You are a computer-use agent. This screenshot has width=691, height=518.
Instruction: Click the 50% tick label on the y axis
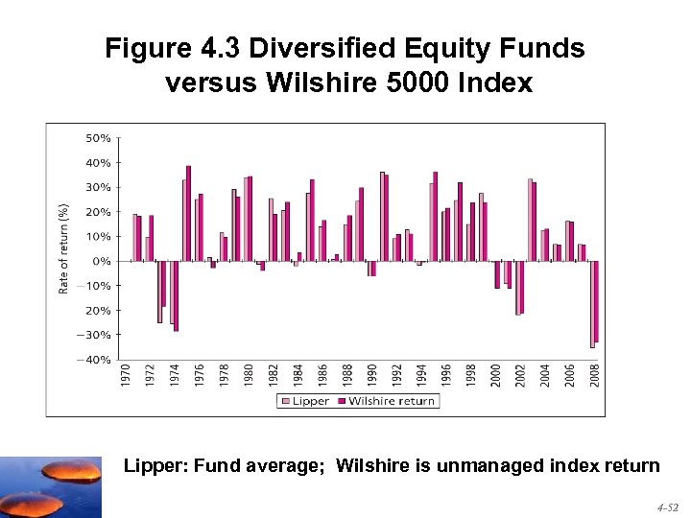98,138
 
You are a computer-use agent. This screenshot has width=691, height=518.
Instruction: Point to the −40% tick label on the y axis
95,360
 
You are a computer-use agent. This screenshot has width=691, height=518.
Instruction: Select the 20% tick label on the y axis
98,212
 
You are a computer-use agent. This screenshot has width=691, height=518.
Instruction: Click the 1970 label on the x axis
126,375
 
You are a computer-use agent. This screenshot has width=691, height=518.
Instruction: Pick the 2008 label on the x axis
595,375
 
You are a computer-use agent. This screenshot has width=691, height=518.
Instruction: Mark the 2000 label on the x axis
496,375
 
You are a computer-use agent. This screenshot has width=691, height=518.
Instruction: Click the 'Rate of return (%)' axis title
64,247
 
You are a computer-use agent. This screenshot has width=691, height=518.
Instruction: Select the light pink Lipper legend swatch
285,401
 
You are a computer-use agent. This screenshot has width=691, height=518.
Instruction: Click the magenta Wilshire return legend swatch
341,401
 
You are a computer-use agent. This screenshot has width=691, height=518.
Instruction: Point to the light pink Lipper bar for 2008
591,304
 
